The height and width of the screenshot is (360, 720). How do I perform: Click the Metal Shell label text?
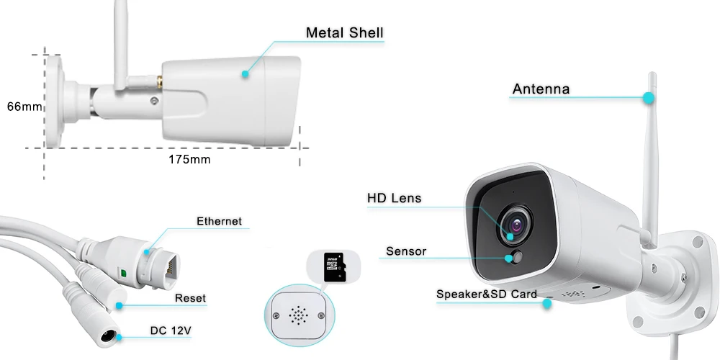pyautogui.click(x=344, y=32)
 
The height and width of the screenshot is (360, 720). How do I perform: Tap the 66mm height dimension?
pyautogui.click(x=24, y=107)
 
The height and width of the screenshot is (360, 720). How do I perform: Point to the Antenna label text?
pyautogui.click(x=541, y=89)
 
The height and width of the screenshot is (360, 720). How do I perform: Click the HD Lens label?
pyautogui.click(x=394, y=198)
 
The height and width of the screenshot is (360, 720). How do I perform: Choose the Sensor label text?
pyautogui.click(x=406, y=251)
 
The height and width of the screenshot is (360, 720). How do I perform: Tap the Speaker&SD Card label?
pyautogui.click(x=486, y=294)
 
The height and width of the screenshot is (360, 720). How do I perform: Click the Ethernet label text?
pyautogui.click(x=219, y=221)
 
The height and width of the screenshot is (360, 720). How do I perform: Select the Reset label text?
pyautogui.click(x=190, y=298)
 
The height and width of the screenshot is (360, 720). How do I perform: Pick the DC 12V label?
pyautogui.click(x=171, y=331)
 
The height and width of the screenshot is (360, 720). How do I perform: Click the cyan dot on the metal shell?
pyautogui.click(x=245, y=73)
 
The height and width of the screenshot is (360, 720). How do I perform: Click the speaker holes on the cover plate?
pyautogui.click(x=297, y=315)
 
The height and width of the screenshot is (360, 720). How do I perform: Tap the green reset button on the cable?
pyautogui.click(x=124, y=272)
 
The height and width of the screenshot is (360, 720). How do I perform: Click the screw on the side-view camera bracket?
pyautogui.click(x=154, y=100)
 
